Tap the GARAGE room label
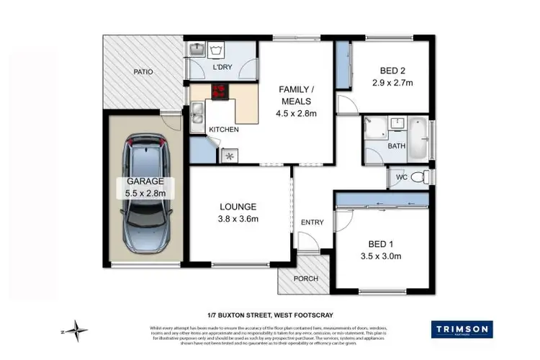(144, 181)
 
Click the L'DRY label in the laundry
(222, 68)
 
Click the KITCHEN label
(223, 130)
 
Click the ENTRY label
(312, 222)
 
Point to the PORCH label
(303, 278)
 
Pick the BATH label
(397, 146)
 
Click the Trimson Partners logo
(462, 330)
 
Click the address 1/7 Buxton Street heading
(270, 314)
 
